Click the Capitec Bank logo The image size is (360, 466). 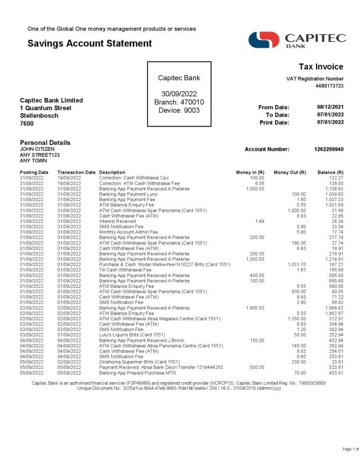tap(297, 40)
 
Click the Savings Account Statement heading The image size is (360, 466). tap(90, 44)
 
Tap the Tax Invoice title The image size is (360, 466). tap(321, 67)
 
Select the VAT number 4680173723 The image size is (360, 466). tap(329, 86)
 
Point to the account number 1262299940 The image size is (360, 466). tap(329, 149)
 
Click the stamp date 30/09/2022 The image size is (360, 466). tap(179, 94)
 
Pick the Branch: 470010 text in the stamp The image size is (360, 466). tap(179, 102)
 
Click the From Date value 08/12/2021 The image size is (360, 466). tap(330, 107)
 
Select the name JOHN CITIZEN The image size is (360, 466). tap(40, 149)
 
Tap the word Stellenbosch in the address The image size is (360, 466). tap(39, 116)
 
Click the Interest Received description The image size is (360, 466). tap(117, 221)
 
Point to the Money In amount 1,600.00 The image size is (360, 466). tap(255, 308)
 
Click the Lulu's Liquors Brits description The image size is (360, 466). tap(132, 335)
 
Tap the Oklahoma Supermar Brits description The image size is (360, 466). tap(139, 362)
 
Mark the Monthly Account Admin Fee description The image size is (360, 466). tap(128, 232)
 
